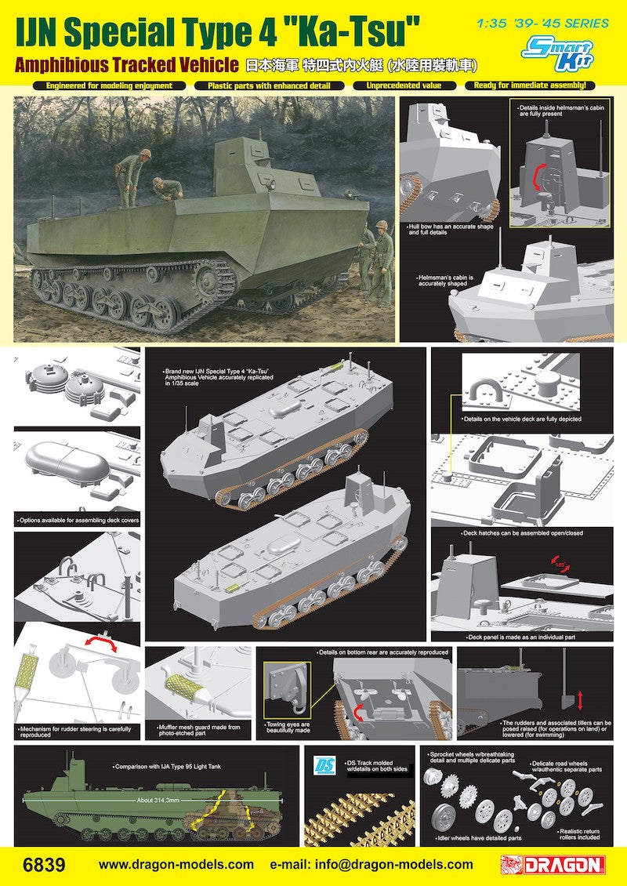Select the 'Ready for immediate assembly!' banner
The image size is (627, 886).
click(530, 85)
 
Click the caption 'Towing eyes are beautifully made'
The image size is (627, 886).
click(288, 728)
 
